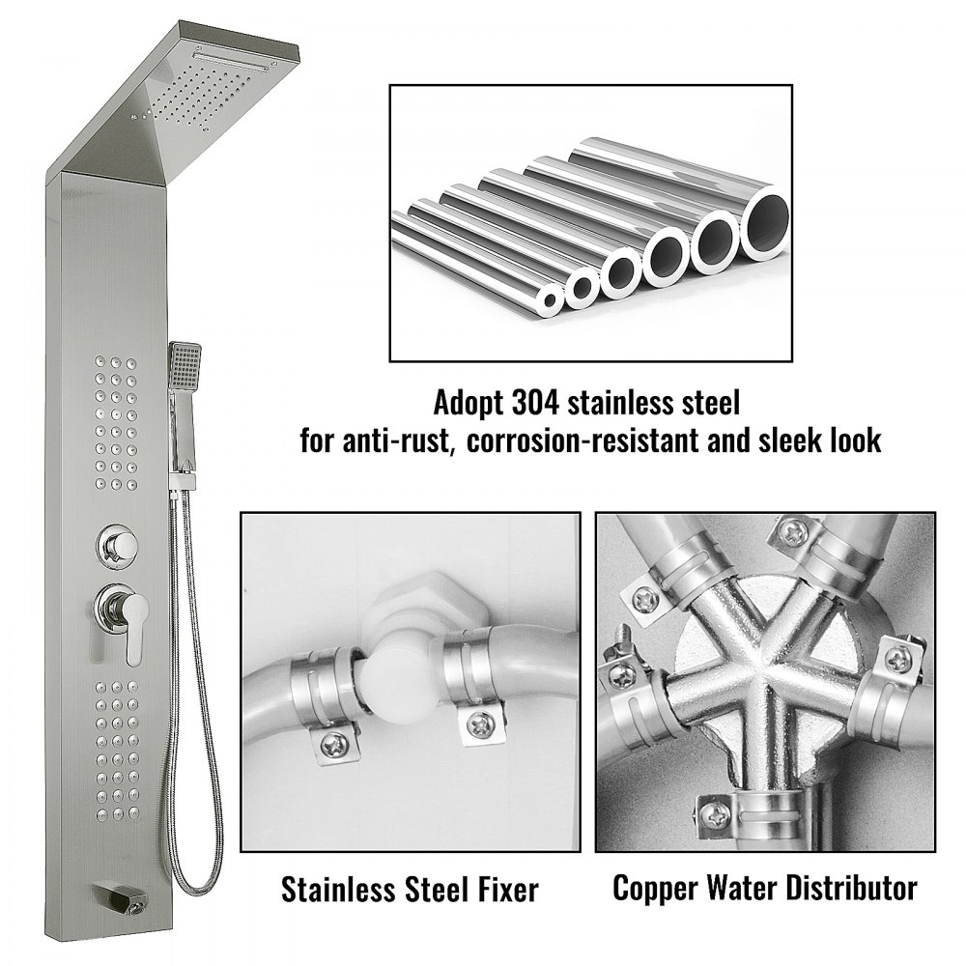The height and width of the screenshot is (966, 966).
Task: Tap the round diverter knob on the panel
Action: point(117,545)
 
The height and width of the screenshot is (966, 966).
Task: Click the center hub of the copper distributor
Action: point(762,671)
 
